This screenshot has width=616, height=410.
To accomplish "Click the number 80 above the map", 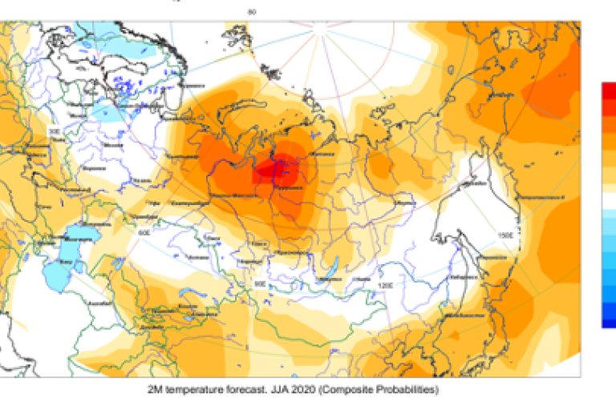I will [x=253, y=11].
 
